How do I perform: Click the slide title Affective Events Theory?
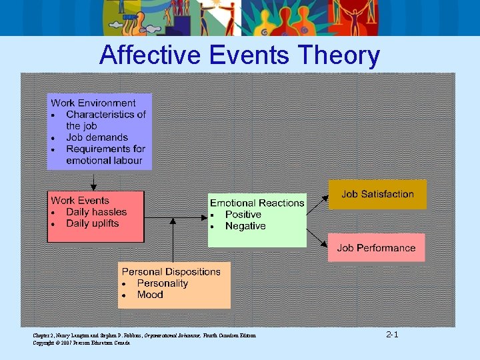click(239, 55)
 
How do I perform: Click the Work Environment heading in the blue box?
click(93, 103)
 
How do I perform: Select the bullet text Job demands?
click(97, 137)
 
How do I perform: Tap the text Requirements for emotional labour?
click(105, 155)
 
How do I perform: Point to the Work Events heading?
click(80, 200)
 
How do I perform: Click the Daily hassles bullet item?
click(96, 212)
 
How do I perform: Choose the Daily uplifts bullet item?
click(92, 223)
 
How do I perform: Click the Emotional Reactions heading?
click(257, 203)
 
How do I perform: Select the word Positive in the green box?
click(243, 215)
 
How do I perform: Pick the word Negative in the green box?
click(245, 226)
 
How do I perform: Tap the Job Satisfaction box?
click(377, 194)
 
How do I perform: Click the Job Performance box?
click(376, 248)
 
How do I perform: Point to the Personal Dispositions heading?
click(171, 271)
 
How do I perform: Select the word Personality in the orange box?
click(163, 283)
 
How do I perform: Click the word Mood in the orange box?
click(150, 295)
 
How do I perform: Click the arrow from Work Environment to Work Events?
click(93, 181)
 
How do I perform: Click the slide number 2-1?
click(392, 334)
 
